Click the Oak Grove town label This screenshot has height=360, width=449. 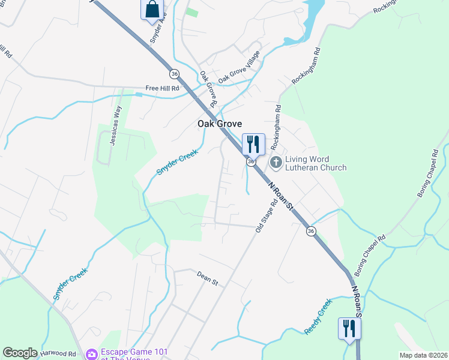click(x=220, y=124)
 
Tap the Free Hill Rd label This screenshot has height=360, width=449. click(x=162, y=88)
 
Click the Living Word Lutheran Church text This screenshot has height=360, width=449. click(x=316, y=163)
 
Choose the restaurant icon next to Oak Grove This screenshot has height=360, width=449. click(x=253, y=145)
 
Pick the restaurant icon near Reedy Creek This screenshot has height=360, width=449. click(x=349, y=328)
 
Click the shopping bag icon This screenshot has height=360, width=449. click(x=152, y=10)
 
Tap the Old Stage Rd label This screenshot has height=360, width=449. click(x=267, y=215)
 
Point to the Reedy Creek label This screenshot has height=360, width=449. click(x=318, y=316)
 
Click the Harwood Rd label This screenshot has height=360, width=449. click(x=58, y=354)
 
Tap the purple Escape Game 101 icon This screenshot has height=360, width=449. click(x=92, y=355)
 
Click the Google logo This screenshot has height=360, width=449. click(x=20, y=353)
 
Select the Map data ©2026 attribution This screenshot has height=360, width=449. click(x=423, y=355)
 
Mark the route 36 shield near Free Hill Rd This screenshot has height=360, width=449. click(x=174, y=73)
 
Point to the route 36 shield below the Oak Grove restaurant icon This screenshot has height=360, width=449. click(x=251, y=161)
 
